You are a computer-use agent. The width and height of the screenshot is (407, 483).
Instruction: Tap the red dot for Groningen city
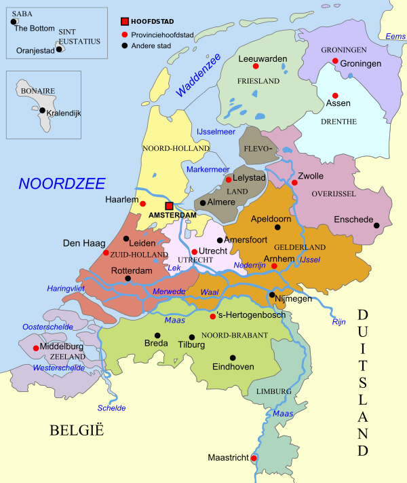tap(335, 61)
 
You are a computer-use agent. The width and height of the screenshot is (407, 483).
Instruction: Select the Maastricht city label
tap(229, 459)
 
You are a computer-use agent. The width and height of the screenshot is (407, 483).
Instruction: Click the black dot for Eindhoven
tap(233, 357)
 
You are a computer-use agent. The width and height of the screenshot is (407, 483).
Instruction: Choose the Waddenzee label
tap(197, 75)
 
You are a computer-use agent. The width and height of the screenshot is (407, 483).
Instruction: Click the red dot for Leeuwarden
tap(256, 67)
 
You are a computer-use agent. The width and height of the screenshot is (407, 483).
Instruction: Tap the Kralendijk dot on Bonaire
tap(43, 111)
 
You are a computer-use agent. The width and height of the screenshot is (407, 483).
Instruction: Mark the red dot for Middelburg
tap(36, 348)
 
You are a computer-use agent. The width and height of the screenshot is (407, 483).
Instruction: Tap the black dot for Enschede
tap(376, 226)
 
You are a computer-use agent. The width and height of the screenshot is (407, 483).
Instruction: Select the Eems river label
tap(395, 36)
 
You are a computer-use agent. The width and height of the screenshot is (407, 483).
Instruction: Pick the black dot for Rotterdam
tap(128, 279)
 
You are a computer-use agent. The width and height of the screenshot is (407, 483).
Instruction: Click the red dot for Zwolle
tap(294, 182)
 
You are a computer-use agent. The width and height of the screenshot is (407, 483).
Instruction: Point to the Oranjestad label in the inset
tap(35, 50)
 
